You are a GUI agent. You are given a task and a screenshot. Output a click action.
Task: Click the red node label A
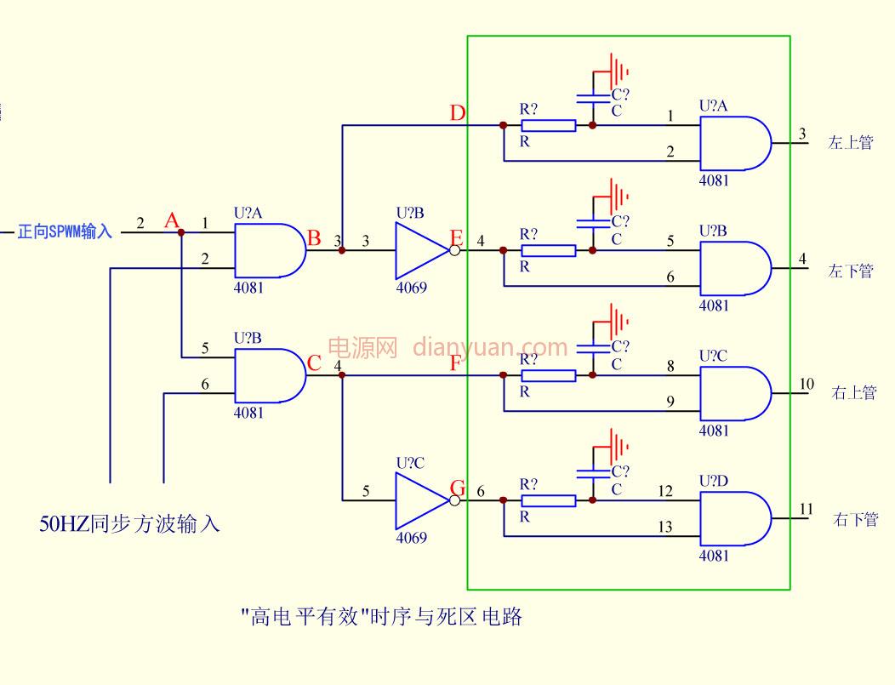[x=172, y=220]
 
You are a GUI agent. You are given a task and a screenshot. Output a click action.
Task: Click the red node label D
[x=457, y=113]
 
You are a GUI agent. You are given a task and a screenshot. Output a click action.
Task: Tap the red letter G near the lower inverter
[x=458, y=488]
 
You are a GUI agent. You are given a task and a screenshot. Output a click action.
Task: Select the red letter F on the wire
[x=455, y=363]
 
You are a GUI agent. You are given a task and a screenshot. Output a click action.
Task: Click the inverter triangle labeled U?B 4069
[x=421, y=250]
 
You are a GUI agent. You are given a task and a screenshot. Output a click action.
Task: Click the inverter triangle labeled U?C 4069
[x=421, y=500]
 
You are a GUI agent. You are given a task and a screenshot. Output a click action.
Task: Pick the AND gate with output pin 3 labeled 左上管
[x=736, y=143]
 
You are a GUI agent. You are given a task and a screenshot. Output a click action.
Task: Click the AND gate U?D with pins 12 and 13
[x=736, y=518]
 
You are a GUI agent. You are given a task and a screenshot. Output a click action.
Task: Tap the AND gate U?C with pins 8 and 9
[x=736, y=393]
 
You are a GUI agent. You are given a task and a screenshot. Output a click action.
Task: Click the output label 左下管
[x=851, y=271]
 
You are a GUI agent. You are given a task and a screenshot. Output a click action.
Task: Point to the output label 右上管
[x=854, y=393]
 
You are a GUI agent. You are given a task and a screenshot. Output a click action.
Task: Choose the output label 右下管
[x=855, y=519]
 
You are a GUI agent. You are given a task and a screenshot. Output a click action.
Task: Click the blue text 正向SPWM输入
[x=65, y=231]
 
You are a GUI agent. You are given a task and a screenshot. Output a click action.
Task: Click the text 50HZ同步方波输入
[x=129, y=523]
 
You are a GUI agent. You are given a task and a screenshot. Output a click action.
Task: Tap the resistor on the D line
[x=549, y=126]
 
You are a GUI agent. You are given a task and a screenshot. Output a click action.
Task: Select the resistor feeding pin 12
[x=549, y=500]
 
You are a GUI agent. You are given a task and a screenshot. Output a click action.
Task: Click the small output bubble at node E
[x=455, y=250]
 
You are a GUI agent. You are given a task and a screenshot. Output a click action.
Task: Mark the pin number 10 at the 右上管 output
[x=806, y=384]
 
